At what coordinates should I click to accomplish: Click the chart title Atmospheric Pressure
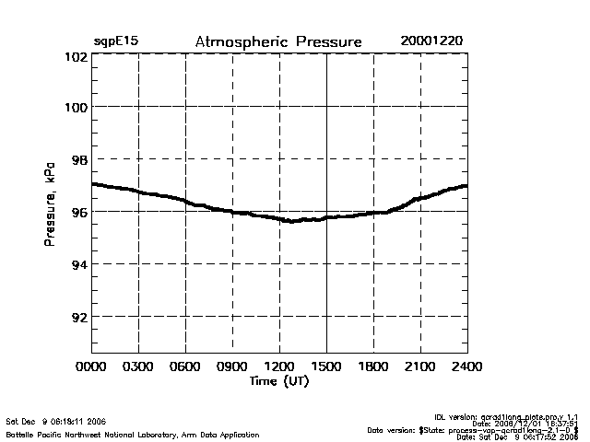point(278,42)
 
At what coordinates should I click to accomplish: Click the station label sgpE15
point(116,42)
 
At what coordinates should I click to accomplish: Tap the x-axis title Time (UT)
point(279,381)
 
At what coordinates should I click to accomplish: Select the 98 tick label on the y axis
point(77,159)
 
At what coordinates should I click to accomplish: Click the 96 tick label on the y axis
point(77,212)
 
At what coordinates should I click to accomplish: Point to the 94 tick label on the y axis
point(77,264)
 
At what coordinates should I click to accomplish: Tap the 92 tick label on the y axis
point(77,317)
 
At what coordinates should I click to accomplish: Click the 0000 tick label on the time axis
point(92,366)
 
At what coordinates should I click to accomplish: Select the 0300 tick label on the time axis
point(139,366)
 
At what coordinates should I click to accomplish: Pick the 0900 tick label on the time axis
point(232,366)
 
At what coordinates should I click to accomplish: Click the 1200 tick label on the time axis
point(279,366)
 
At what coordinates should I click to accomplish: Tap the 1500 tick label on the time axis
point(326,366)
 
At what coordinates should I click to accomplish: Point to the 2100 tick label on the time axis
point(420,366)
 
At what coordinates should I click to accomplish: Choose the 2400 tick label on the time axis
point(466,366)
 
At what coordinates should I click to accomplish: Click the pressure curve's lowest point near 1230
point(290,221)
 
